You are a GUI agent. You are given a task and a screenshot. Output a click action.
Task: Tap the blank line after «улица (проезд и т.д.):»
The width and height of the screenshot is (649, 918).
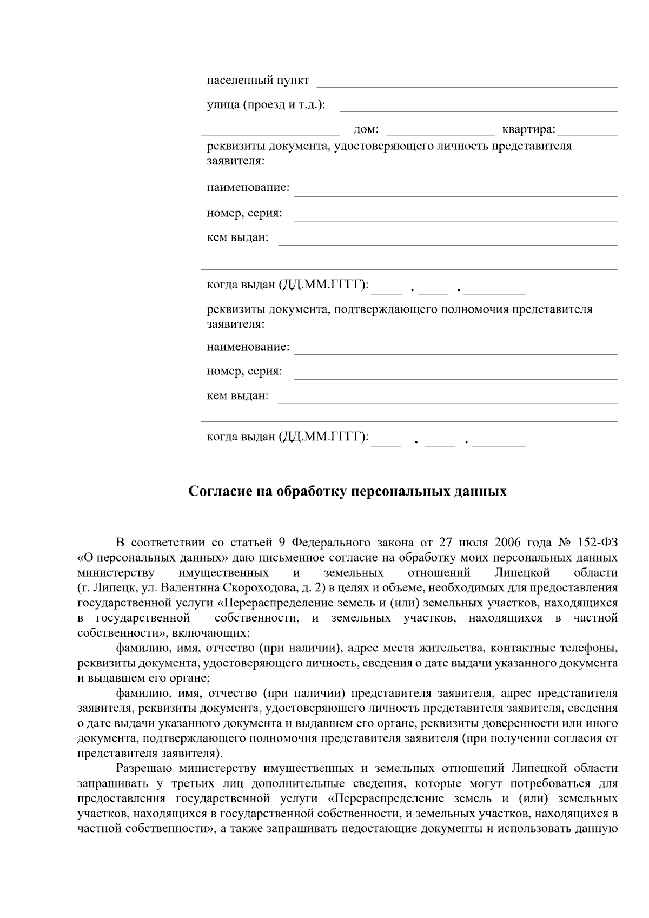(x=478, y=107)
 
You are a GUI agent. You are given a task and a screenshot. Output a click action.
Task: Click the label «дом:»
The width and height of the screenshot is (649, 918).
(x=366, y=130)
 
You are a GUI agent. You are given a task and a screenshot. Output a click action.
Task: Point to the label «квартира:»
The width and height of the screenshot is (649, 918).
(x=528, y=130)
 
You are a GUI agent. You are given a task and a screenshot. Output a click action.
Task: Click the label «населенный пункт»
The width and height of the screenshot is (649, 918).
(x=258, y=81)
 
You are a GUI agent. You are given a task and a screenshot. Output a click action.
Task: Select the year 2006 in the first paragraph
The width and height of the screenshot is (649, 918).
(x=507, y=543)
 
